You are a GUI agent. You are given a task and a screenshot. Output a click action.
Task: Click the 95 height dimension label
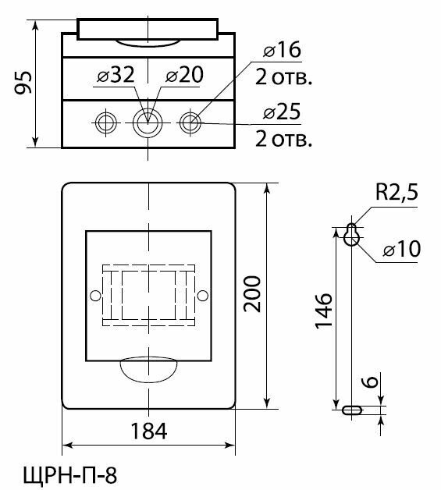pos(23,83)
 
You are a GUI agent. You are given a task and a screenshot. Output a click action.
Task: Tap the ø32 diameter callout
pos(116,75)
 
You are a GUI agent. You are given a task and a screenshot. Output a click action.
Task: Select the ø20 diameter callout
pos(184,75)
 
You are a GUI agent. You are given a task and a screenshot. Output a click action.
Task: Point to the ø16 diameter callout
pos(282,50)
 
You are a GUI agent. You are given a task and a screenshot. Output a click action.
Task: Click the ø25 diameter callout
pos(282,112)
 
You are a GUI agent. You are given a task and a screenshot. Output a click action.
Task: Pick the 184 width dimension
pos(148,431)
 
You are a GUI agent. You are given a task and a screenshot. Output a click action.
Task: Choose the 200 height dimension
pos(252,294)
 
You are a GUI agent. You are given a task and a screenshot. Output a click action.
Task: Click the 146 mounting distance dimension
pos(323,311)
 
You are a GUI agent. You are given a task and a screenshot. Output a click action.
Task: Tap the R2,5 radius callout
pos(397,192)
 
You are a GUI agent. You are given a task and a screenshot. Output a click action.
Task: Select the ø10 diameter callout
pos(402,249)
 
